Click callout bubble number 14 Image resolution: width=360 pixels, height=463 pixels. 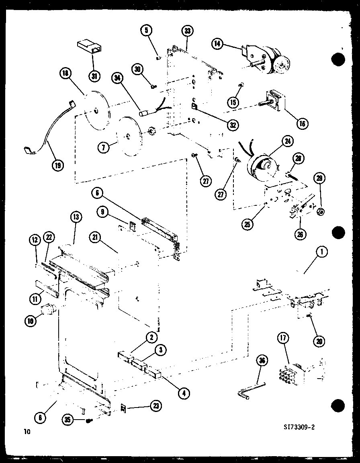217,44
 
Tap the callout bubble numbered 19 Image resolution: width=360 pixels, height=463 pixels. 58,165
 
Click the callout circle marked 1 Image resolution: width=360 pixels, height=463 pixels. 321,252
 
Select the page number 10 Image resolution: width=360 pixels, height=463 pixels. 27,432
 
